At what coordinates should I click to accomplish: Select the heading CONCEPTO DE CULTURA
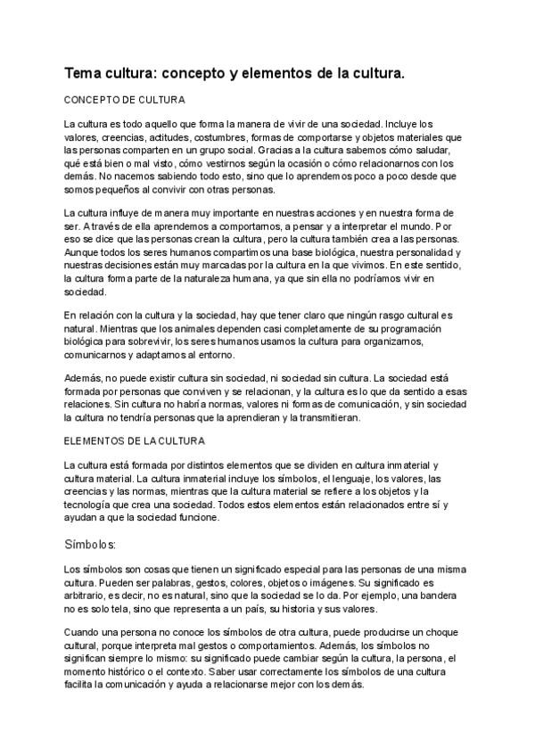pyautogui.click(x=124, y=100)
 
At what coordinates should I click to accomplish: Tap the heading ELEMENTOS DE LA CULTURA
pyautogui.click(x=135, y=440)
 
